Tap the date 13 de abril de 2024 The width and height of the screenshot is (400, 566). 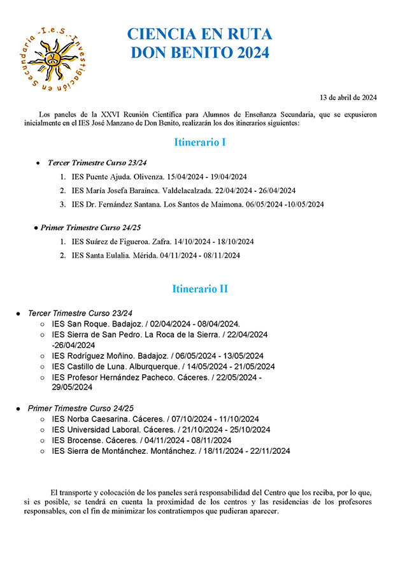348,98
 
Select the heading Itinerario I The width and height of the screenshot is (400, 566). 200,142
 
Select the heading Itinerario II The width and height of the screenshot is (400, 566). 200,289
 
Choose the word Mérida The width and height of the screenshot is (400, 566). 154,256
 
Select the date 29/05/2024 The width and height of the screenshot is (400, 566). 73,387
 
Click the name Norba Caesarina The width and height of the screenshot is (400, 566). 99,419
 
